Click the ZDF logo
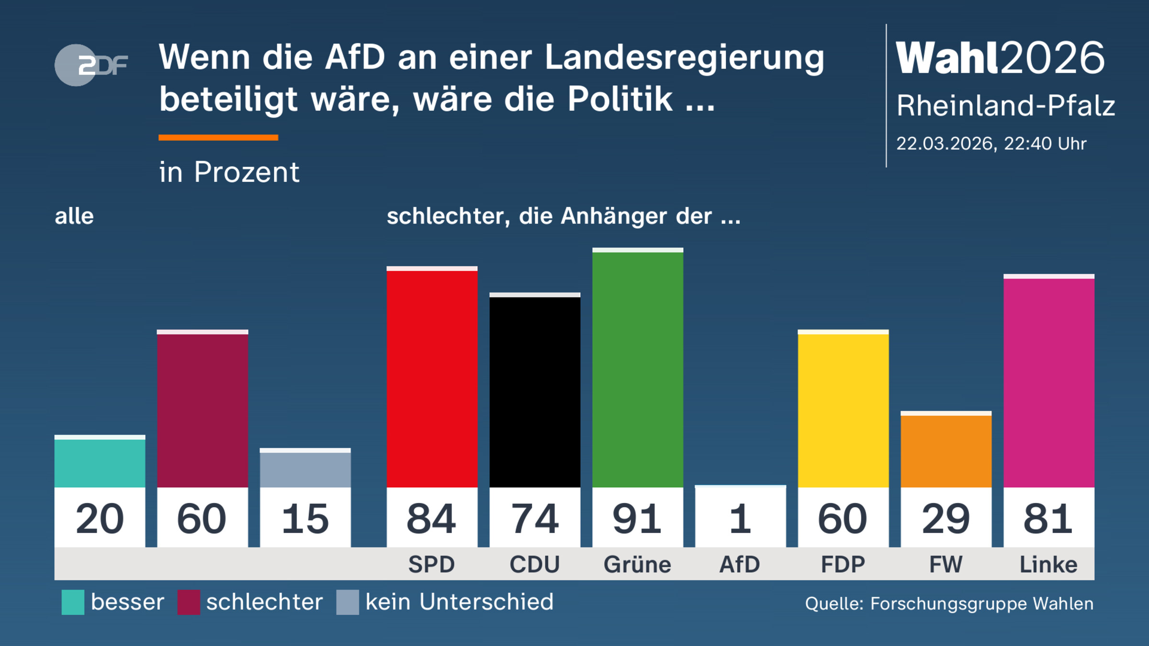[x=91, y=65]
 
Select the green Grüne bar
[x=637, y=368]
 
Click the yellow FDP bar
[x=843, y=410]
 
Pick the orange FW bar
[x=946, y=450]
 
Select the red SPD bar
[x=432, y=378]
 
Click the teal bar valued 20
[x=100, y=462]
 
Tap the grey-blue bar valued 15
[x=305, y=469]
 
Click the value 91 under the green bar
[x=637, y=519]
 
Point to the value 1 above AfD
[x=740, y=519]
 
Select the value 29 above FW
[x=946, y=519]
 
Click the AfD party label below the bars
[x=740, y=564]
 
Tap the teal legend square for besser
[x=73, y=602]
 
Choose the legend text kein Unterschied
[x=459, y=602]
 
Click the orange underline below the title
[x=218, y=138]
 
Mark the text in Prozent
[x=229, y=172]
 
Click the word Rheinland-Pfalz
[x=1005, y=105]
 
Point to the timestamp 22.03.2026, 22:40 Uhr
[x=991, y=144]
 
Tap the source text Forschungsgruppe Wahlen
[x=981, y=604]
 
